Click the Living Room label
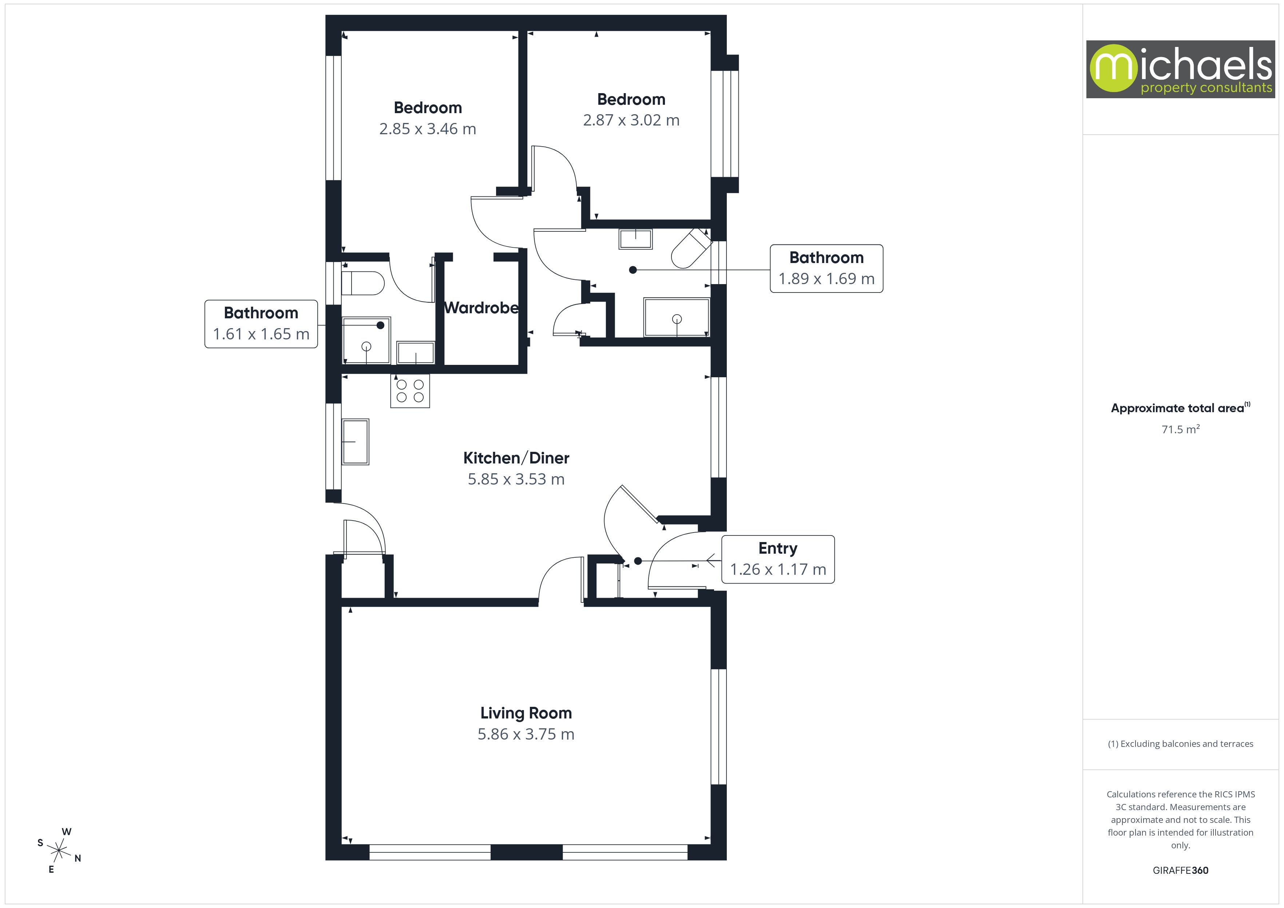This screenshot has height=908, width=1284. (526, 713)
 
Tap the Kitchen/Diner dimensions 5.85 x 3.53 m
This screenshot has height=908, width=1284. (516, 479)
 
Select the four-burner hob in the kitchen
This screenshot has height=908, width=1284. (410, 391)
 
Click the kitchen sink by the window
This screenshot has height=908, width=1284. (355, 441)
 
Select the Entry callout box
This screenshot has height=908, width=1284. (778, 559)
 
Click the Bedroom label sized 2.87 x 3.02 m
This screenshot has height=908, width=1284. (631, 100)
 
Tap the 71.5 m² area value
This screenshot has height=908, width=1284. (1180, 429)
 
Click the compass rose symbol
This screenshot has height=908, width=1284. (59, 851)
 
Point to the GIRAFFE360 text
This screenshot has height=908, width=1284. (1180, 870)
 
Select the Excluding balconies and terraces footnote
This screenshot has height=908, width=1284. (1180, 744)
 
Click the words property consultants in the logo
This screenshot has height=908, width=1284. (1206, 88)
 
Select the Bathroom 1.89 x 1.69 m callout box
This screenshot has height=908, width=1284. (826, 268)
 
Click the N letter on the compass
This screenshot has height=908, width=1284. (78, 858)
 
